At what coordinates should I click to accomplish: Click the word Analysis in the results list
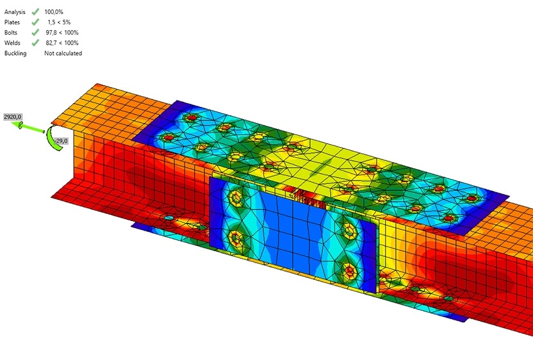tap(15, 12)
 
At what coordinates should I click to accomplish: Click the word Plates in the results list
tap(12, 22)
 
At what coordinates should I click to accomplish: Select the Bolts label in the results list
tap(10, 33)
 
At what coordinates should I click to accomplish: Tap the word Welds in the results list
tap(12, 43)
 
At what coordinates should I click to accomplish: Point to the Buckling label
tap(15, 53)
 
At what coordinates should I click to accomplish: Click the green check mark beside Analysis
tap(35, 12)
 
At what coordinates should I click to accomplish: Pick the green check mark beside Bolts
tap(35, 33)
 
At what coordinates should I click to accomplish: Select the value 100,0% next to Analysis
tap(54, 12)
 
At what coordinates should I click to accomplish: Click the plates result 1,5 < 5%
tap(59, 22)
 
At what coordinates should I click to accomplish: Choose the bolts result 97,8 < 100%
tap(62, 33)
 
